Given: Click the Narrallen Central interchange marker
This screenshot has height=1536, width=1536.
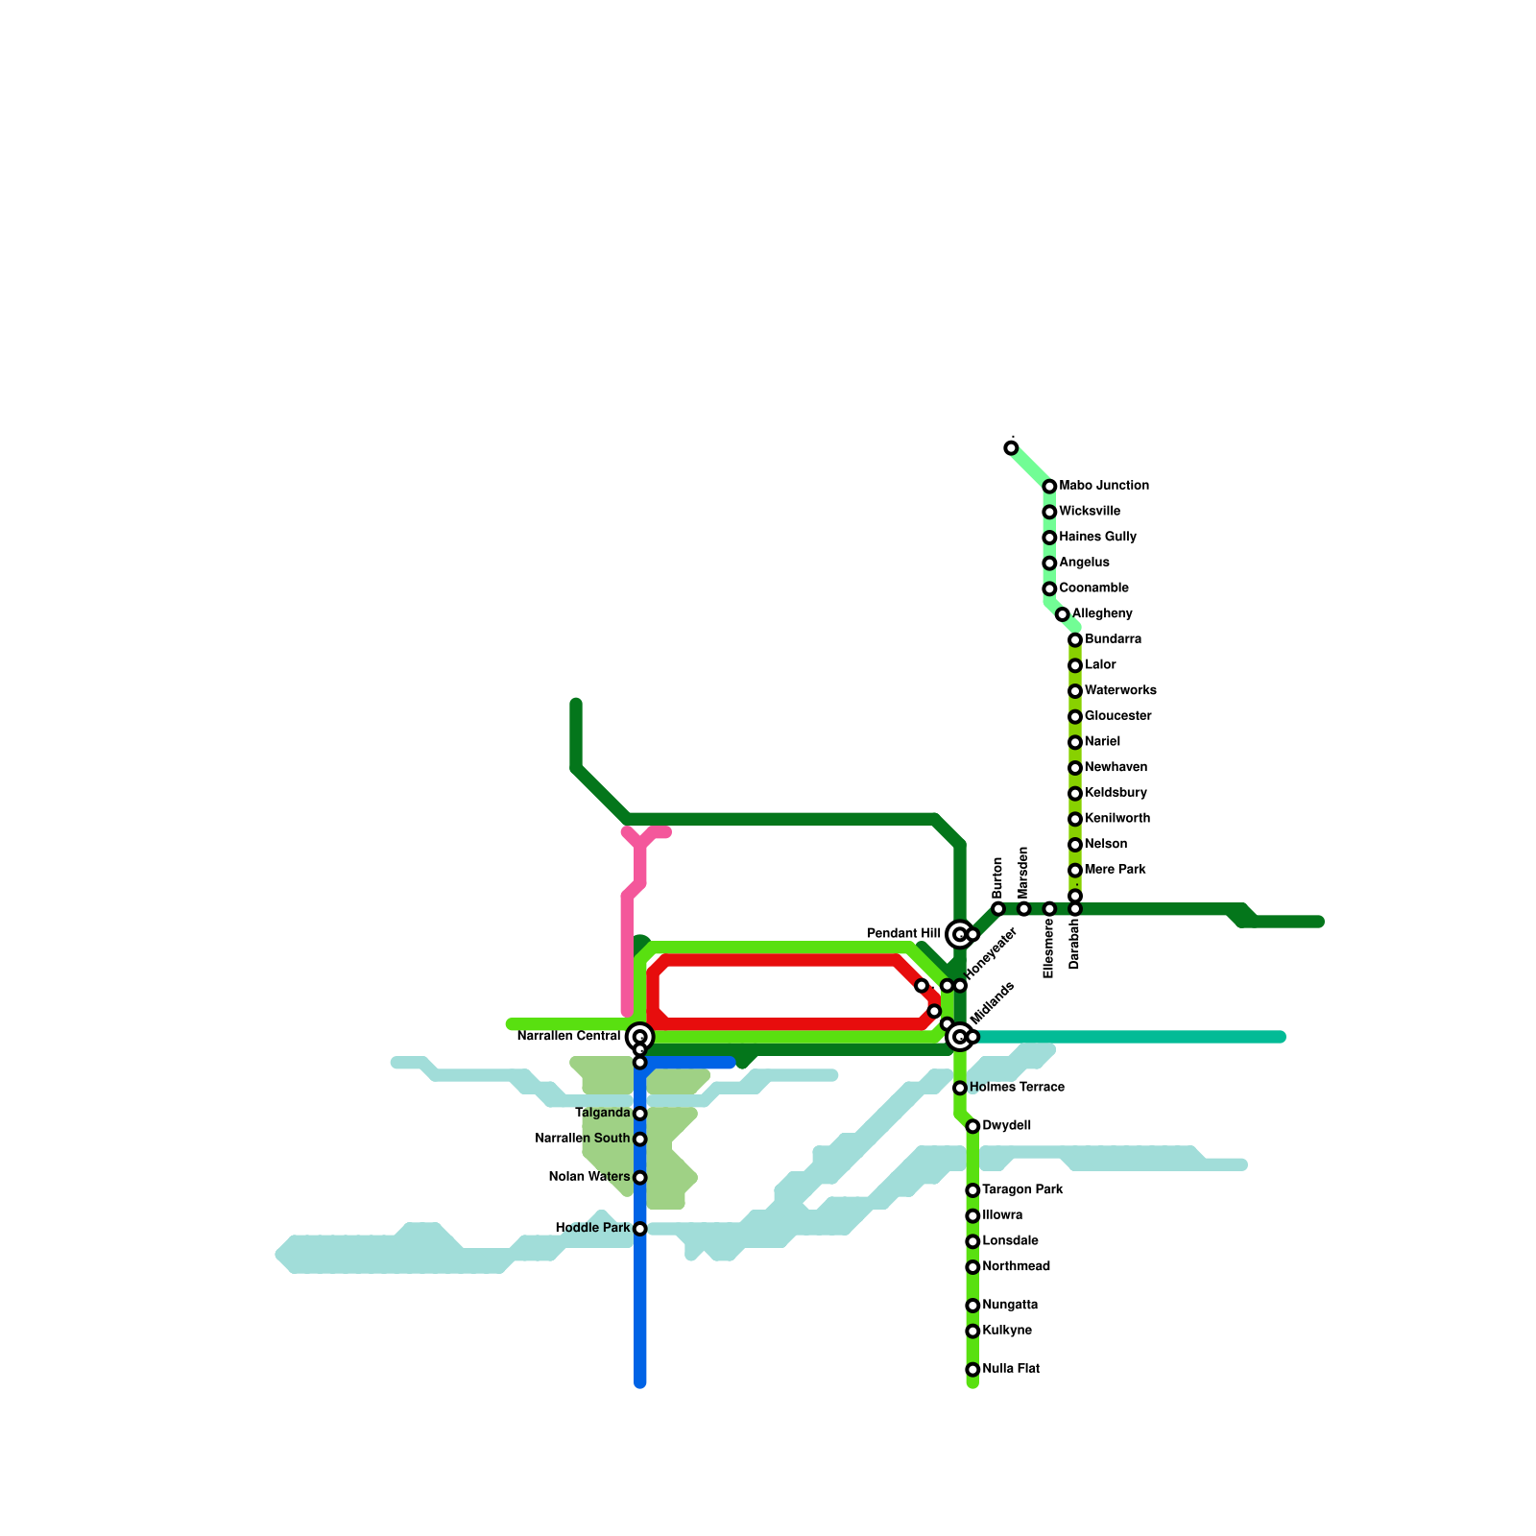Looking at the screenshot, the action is coord(639,1037).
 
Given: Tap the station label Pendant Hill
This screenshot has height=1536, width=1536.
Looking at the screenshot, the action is coord(903,933).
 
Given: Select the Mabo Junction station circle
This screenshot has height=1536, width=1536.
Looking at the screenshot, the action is coord(1049,487).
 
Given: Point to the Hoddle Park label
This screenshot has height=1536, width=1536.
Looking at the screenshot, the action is coord(592,1228).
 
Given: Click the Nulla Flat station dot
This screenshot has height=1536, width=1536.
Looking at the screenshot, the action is coord(972,1369).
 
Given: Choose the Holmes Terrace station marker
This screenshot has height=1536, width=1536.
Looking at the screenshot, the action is coord(960,1088).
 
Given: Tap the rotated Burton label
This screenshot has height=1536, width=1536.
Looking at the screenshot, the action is coord(997,876).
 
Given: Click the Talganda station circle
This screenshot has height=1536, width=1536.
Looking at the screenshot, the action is coord(639,1114).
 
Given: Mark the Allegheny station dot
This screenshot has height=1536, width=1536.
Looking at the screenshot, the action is coord(1062,614).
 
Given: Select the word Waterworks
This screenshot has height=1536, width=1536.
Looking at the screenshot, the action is coord(1120,690).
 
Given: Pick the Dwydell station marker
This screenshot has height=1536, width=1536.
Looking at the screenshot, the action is coord(972,1126).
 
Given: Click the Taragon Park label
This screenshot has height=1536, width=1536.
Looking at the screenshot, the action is coord(1022,1189).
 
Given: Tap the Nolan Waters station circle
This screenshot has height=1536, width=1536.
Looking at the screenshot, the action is coord(639,1177).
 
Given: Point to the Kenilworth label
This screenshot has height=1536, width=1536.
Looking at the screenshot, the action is coord(1117,819).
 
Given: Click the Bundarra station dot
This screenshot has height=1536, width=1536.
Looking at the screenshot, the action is coord(1075,639).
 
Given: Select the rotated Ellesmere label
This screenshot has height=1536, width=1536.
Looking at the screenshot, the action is coord(1048,948).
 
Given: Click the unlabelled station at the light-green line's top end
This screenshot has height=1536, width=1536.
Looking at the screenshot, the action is coord(1011,448).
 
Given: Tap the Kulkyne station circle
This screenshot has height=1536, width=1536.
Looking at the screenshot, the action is coord(972,1331).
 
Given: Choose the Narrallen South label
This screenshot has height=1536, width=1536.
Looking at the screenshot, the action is coord(582,1139).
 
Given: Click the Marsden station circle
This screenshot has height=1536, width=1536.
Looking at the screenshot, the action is coord(1023,908).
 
